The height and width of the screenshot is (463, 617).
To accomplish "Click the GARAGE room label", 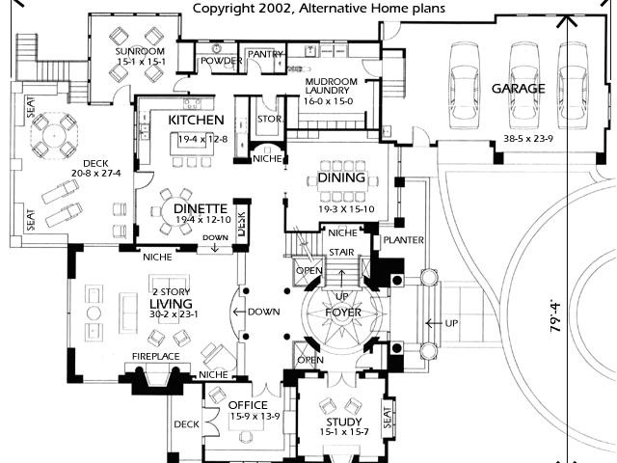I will tap(519, 89).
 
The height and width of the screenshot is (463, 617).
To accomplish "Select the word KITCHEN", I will tap(196, 120).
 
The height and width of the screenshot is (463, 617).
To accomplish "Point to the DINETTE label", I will tap(201, 207).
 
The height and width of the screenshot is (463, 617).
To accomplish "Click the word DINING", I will tap(341, 177).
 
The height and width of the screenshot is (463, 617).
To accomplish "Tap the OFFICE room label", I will tap(247, 404).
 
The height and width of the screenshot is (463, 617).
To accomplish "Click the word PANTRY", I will tap(262, 55).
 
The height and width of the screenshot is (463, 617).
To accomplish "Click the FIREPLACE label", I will tap(155, 357).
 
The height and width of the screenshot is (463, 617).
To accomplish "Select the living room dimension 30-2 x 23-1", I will tap(174, 313).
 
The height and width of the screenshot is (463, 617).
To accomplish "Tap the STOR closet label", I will tap(267, 119).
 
